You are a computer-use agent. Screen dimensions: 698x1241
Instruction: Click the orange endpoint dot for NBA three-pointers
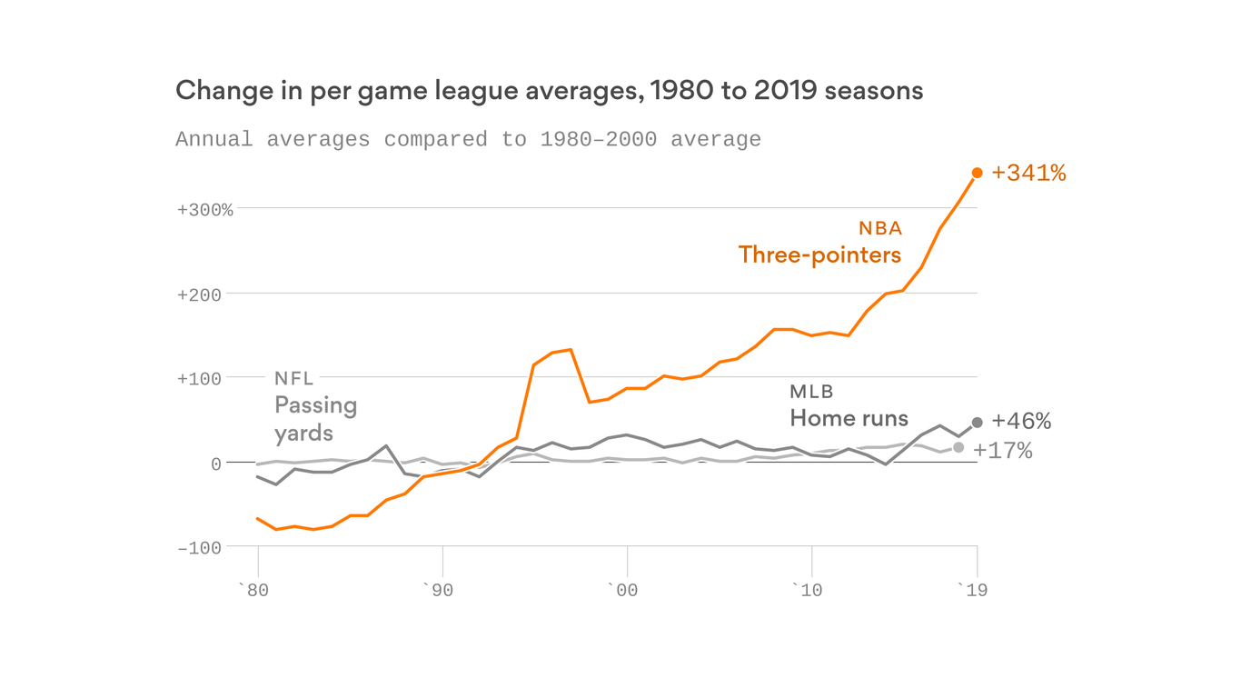[x=978, y=173]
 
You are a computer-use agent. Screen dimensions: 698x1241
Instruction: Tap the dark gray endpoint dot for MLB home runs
[x=978, y=423]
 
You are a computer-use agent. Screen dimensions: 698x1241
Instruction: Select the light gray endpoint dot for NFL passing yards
[x=958, y=447]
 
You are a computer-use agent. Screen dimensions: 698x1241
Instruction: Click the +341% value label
[x=1028, y=173]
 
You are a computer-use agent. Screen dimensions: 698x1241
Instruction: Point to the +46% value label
[x=1021, y=422]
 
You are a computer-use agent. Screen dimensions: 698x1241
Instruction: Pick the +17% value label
[x=1003, y=451]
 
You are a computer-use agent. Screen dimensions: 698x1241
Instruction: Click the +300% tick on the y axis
[x=204, y=210]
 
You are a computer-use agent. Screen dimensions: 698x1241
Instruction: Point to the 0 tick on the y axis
[x=215, y=464]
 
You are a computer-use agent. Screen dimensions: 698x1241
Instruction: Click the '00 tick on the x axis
[x=624, y=591]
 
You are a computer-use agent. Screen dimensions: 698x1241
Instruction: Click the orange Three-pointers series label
[x=819, y=254]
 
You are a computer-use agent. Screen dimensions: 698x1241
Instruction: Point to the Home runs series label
[x=849, y=418]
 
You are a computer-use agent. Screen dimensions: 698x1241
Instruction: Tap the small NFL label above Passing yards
[x=293, y=379]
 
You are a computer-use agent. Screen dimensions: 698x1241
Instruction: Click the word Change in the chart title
[x=214, y=91]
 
